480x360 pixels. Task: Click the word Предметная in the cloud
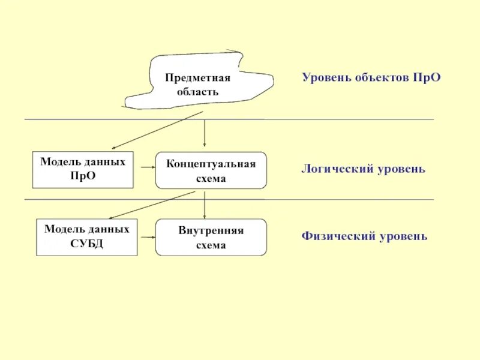coord(197,78)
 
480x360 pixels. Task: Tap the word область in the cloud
coord(197,92)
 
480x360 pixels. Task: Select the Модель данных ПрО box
coord(83,170)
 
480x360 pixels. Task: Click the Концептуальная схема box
coord(211,170)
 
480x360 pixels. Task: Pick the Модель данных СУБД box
coord(86,237)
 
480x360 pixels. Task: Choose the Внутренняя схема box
coord(211,238)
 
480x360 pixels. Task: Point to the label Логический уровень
coord(363,169)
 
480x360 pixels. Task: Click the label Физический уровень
coord(364,236)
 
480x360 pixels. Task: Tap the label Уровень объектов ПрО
coord(371,78)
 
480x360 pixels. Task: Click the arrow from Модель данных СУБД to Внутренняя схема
coord(146,237)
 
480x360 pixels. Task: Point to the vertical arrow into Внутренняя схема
coord(205,205)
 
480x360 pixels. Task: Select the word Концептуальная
coord(211,164)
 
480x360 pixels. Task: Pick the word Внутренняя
coord(211,231)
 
